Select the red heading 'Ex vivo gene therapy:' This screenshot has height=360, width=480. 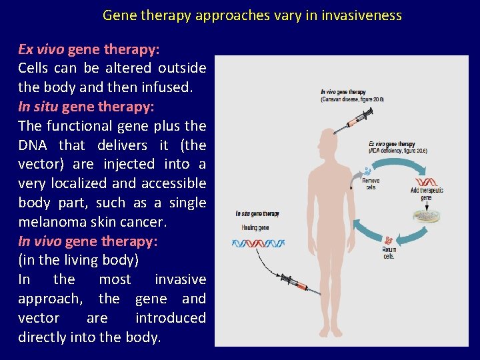(89, 49)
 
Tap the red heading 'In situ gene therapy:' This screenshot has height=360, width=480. (86, 107)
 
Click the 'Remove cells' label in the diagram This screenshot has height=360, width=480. (371, 183)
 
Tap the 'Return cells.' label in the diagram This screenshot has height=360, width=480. (389, 253)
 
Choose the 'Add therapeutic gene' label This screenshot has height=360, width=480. (427, 194)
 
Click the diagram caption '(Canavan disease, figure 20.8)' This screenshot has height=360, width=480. (352, 99)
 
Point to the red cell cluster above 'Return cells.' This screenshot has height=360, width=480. (388, 239)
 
